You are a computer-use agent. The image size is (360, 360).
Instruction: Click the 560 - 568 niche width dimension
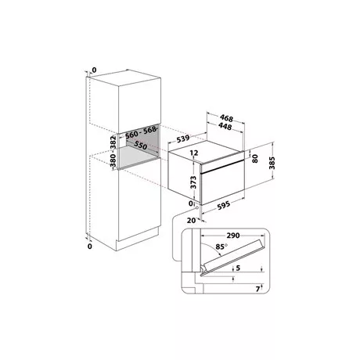coord(141,132)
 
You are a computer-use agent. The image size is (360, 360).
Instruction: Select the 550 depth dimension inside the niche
coord(141,146)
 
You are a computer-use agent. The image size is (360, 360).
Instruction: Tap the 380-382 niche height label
coord(113,151)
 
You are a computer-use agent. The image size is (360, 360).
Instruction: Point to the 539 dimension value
coord(183,139)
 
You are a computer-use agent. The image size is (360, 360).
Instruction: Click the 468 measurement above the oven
coord(226,118)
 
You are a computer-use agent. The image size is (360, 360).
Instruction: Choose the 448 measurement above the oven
coord(225,126)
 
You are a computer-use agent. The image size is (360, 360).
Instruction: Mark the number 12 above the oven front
coord(194,153)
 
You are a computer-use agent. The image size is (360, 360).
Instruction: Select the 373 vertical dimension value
coord(193,182)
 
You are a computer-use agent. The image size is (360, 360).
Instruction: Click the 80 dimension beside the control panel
coord(255,159)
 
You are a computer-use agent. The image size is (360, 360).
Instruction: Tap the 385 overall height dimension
coord(272,163)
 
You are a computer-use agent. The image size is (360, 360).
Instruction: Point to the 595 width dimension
coord(224,204)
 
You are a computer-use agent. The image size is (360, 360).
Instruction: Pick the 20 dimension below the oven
coord(191,221)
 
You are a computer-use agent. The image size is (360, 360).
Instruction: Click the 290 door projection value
coord(233,236)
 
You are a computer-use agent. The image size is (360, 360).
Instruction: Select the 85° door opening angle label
coord(221,247)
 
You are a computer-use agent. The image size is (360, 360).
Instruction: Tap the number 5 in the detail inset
coord(238,268)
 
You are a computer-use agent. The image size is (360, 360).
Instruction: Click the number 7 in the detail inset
coord(257,289)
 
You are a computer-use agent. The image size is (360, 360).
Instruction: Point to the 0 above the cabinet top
coord(94,70)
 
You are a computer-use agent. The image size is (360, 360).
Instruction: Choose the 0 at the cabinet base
coord(90,247)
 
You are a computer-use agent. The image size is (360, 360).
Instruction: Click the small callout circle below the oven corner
coord(196,208)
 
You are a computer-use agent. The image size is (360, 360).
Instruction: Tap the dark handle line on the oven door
coord(222,167)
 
